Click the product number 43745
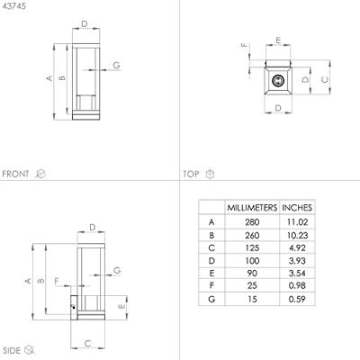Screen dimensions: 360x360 point(13,6)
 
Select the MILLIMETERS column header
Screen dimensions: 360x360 point(252,208)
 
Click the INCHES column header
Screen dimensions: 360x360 point(297,208)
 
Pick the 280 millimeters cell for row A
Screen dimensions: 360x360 point(252,222)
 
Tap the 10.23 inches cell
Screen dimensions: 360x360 point(297,235)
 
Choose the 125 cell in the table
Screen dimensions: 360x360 point(252,248)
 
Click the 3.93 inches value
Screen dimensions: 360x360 point(297,261)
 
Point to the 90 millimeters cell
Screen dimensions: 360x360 point(252,274)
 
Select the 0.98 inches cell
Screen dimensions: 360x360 point(297,285)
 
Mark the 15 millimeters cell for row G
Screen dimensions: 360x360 point(252,299)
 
